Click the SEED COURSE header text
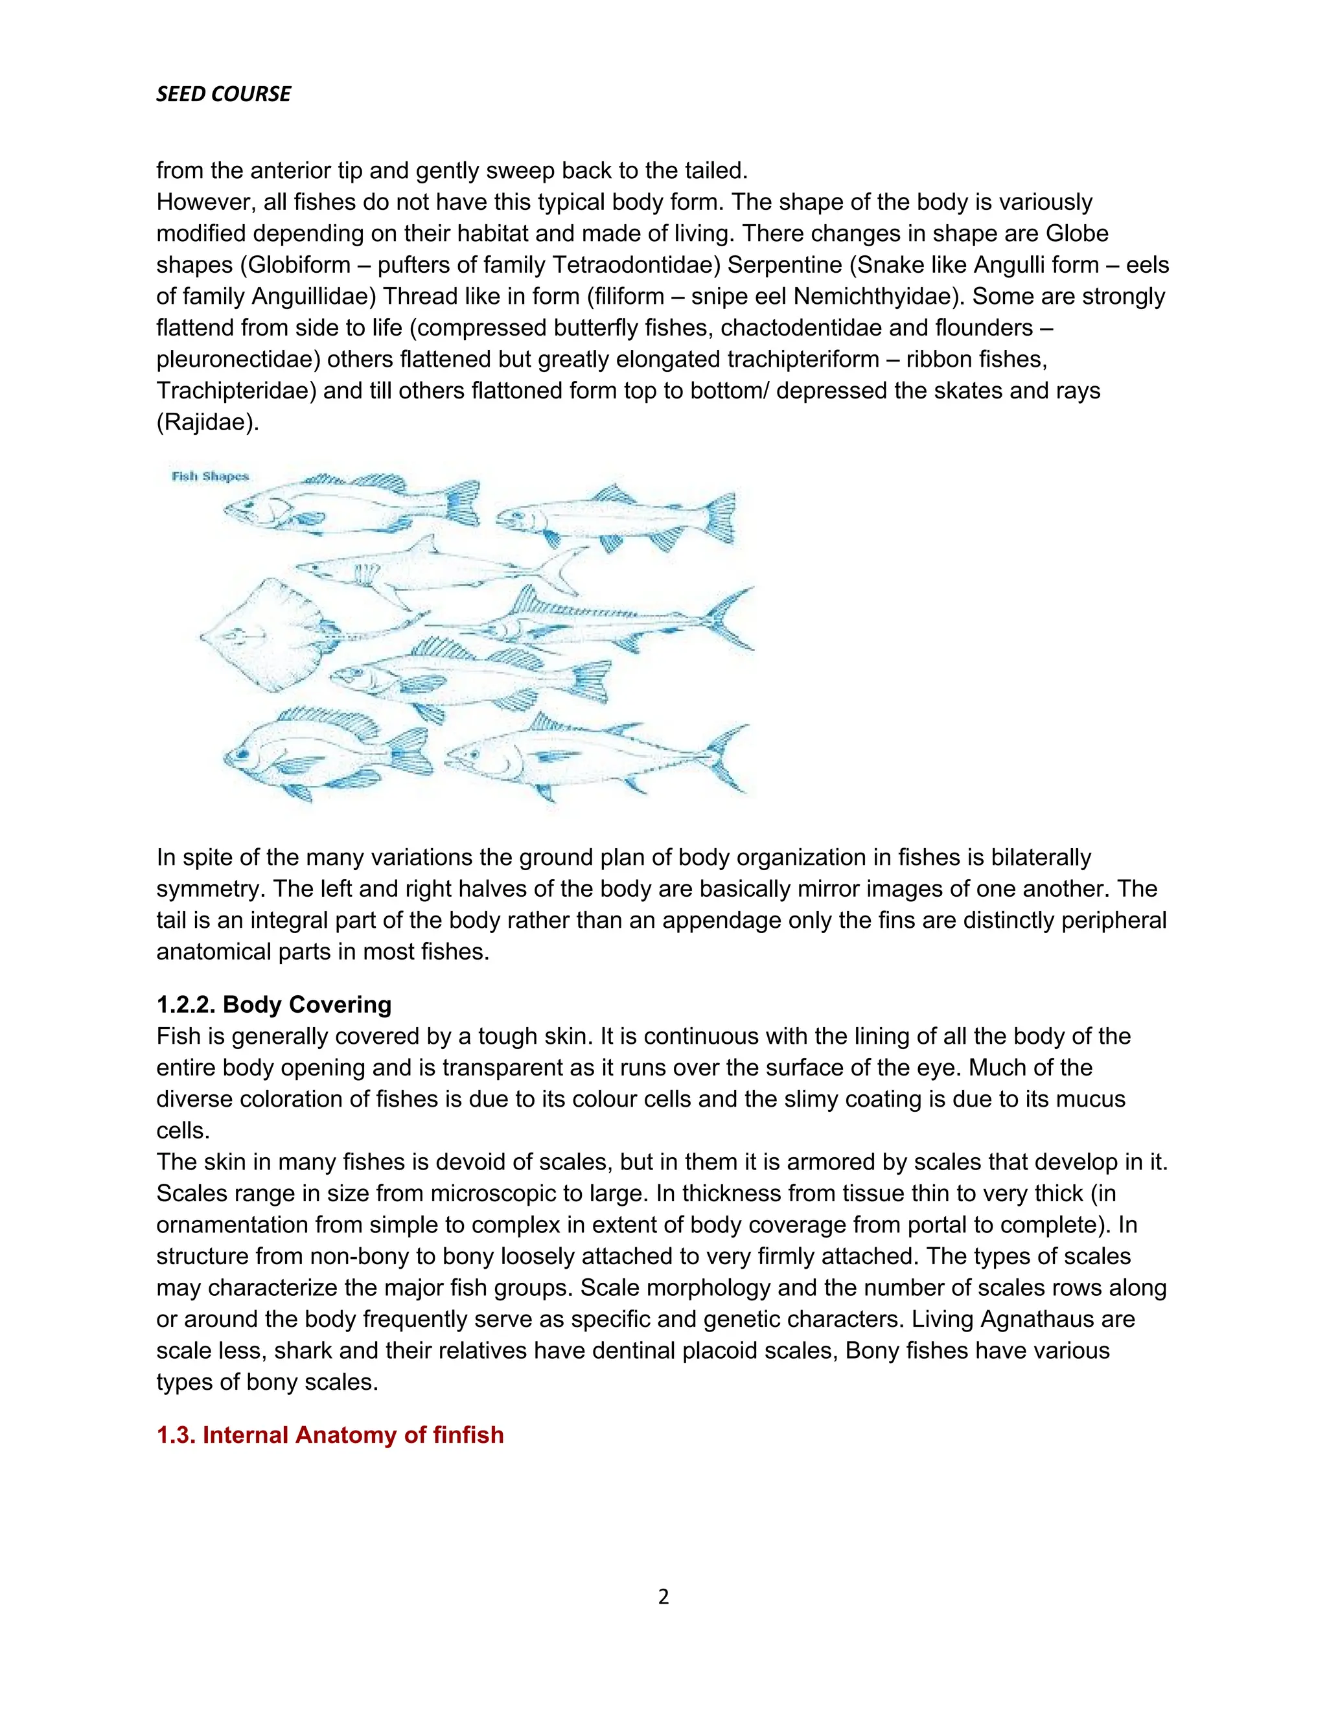coord(224,95)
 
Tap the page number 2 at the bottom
coord(663,1596)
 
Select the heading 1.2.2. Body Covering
coord(273,1005)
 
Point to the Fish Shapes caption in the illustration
coord(210,476)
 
